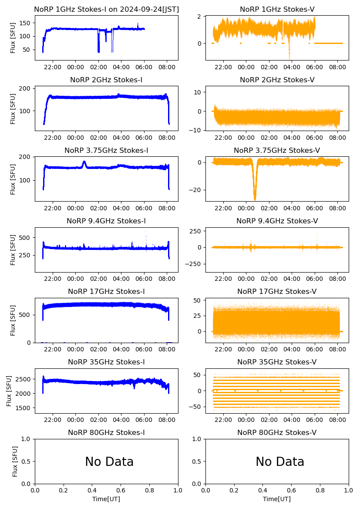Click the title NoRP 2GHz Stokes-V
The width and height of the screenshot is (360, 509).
click(x=277, y=80)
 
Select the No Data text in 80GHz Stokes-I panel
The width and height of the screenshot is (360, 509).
click(x=109, y=462)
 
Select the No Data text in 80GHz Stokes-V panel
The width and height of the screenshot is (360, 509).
click(x=280, y=462)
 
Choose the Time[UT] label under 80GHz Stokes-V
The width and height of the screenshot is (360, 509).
click(x=277, y=499)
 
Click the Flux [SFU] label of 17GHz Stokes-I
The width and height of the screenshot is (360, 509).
click(x=13, y=320)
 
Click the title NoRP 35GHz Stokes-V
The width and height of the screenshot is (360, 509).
click(x=277, y=362)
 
